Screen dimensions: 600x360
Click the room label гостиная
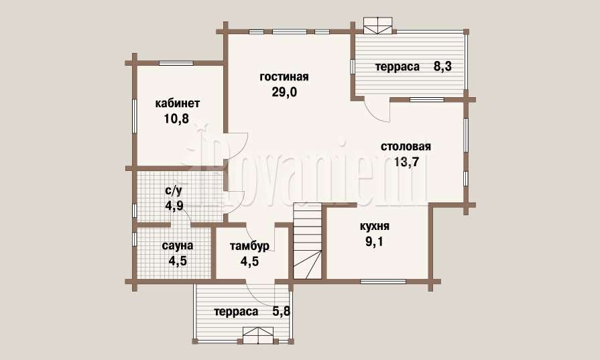coord(284,77)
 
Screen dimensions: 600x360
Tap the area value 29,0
coord(284,93)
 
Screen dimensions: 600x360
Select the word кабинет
coord(177,103)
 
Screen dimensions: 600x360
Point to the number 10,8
coord(176,119)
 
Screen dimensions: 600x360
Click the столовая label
coord(406,147)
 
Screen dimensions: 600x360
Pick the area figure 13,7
coord(407,162)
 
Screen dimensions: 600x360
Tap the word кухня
coord(375,226)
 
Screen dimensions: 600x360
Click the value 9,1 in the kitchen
coord(375,242)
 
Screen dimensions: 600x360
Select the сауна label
coord(178,245)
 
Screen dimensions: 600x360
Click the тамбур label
coord(249,245)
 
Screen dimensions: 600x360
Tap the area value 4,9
coord(174,206)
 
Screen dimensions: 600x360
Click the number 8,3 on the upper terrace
coord(442,66)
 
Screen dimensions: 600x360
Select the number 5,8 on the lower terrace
coord(282,312)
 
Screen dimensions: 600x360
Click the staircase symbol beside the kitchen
coord(307,241)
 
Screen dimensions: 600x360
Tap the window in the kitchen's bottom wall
coord(383,282)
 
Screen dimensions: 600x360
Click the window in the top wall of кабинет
coord(176,63)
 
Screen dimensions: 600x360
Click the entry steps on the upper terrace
coord(377,26)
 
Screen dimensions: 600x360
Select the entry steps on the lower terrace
coord(258,336)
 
